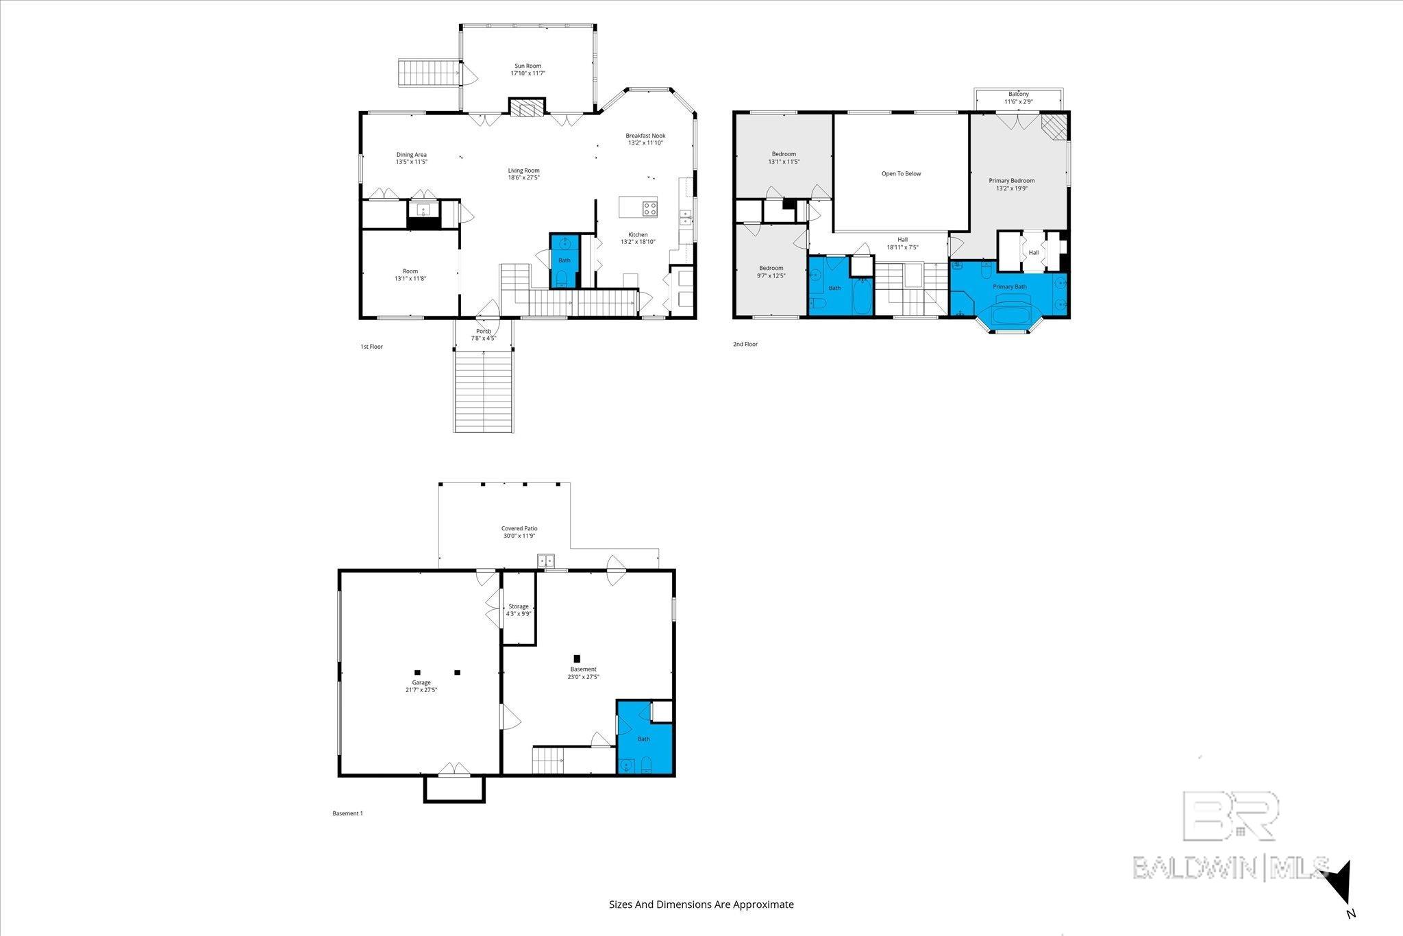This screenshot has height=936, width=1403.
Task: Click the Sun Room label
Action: coord(527,66)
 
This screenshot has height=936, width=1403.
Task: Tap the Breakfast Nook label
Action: coord(645,136)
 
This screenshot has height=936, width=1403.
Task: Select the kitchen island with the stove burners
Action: coord(638,207)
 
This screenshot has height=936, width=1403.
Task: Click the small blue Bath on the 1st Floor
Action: coord(564,261)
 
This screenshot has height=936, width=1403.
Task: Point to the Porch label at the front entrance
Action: coord(484,332)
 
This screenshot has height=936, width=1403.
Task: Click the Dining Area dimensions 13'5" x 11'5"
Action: coord(411,162)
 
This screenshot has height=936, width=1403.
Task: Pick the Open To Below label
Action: coord(901,174)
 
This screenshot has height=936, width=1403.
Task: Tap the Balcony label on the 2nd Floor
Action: coord(1018,95)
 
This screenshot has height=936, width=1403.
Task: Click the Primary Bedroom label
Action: coord(1011,181)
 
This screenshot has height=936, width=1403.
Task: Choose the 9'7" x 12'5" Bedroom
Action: coord(771,272)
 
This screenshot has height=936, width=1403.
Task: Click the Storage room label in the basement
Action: coord(519,606)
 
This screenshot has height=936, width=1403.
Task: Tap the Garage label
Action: coord(421,682)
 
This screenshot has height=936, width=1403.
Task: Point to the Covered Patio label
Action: coord(519,529)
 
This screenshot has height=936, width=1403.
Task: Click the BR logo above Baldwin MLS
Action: coord(1230,815)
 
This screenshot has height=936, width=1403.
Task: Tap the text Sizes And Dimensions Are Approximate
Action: coord(701,904)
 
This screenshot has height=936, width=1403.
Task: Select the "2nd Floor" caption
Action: coord(745,345)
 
